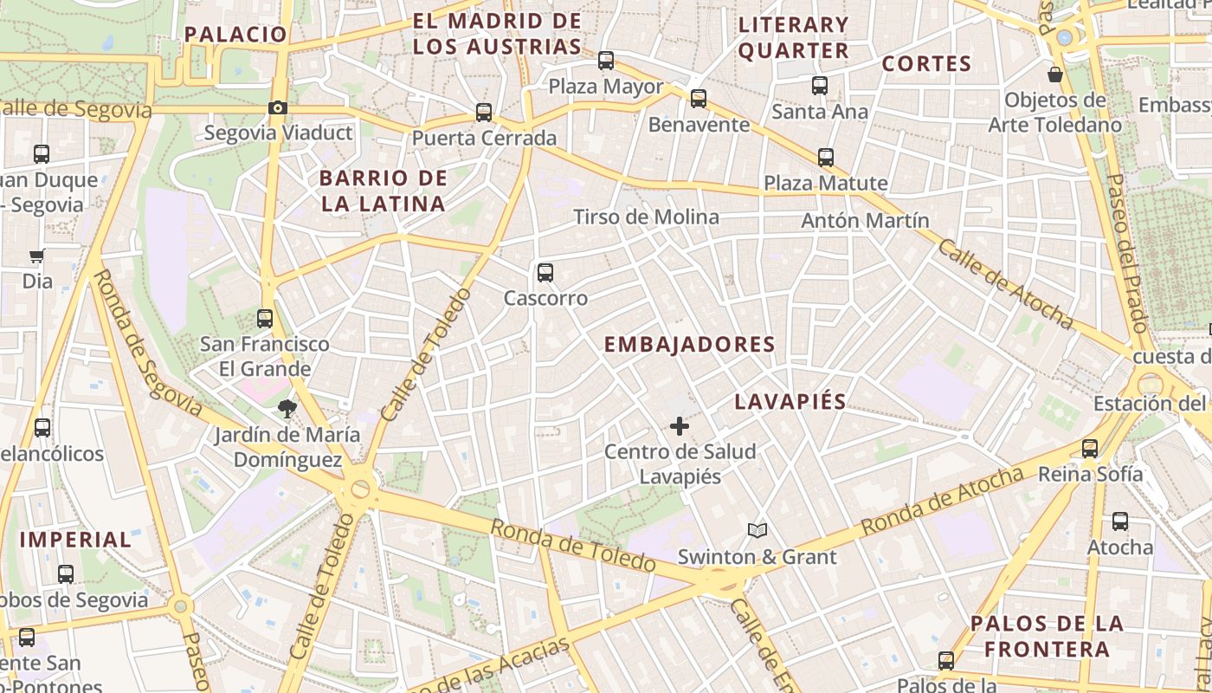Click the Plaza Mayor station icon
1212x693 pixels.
[606, 61]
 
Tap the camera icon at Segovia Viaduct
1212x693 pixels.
[278, 108]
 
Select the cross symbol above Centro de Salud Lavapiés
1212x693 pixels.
[680, 426]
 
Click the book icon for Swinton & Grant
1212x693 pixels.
[757, 530]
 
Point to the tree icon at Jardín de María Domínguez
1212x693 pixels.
[287, 407]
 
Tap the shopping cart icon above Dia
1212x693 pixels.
[37, 256]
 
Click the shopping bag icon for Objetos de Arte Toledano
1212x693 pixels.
[1055, 74]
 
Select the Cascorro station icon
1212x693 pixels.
[545, 273]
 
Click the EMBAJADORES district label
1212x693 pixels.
[689, 345]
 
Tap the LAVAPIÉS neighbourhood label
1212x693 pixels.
[790, 402]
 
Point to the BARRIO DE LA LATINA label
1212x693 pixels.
[383, 191]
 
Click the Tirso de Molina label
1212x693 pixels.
[646, 217]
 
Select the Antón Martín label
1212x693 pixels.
[865, 220]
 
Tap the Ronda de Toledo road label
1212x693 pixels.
[572, 545]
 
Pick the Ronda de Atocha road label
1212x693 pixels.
[942, 501]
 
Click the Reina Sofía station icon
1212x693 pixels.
[1090, 449]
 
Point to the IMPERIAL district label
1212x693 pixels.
[75, 539]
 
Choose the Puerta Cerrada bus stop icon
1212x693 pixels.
[484, 113]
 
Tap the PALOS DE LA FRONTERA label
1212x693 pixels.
[1047, 636]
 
